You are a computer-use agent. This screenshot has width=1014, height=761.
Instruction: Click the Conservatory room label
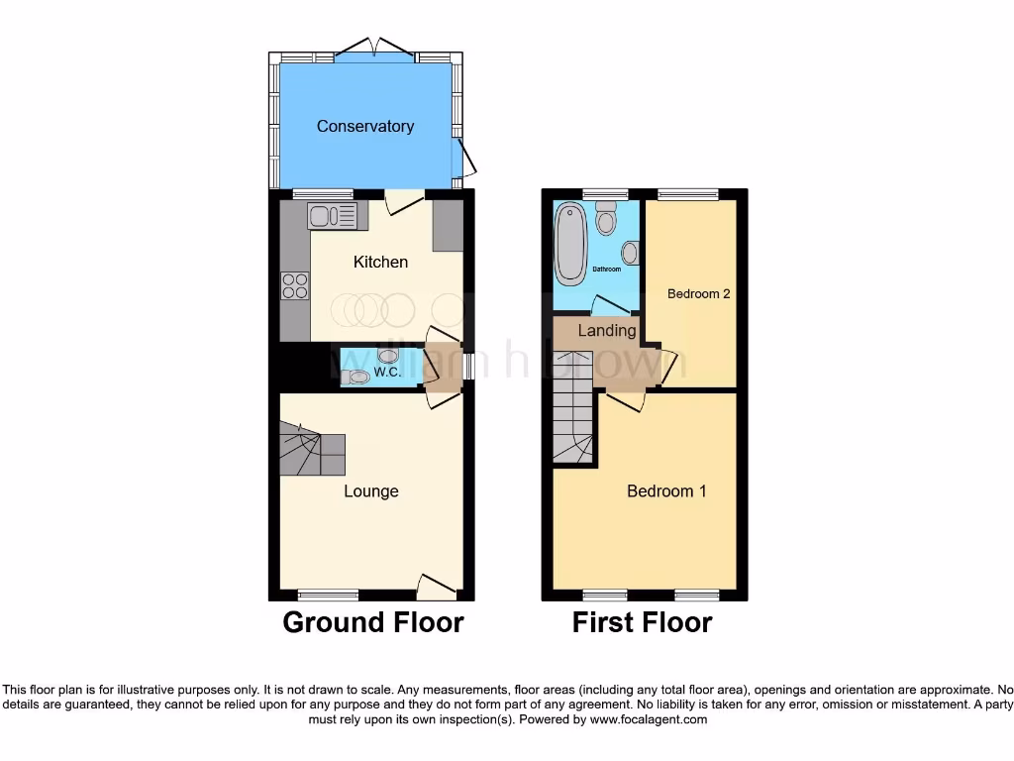364,126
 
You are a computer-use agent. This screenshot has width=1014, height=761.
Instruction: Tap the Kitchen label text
380,262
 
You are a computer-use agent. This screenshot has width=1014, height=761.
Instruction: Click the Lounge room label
371,490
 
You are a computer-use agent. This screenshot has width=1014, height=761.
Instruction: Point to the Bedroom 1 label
666,490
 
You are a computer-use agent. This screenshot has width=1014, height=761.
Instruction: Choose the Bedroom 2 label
698,293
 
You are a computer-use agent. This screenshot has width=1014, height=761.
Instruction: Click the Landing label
607,330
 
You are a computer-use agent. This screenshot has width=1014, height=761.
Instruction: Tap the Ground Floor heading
373,622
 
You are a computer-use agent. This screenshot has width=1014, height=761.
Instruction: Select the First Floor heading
642,622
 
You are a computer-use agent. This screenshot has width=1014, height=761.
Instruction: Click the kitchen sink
337,214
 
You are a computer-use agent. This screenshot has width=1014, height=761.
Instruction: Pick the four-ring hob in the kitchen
295,285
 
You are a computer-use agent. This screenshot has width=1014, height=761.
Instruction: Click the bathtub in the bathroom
569,243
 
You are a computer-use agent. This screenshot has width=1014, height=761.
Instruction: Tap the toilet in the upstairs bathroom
606,218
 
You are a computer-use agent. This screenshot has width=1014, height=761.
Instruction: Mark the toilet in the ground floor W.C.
355,377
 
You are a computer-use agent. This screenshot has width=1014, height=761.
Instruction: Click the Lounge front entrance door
437,589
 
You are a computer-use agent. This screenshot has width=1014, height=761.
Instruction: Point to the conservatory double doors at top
374,49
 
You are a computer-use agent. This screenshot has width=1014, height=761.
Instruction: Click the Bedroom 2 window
689,194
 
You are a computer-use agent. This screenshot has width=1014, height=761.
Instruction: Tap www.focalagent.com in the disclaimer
648,719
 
